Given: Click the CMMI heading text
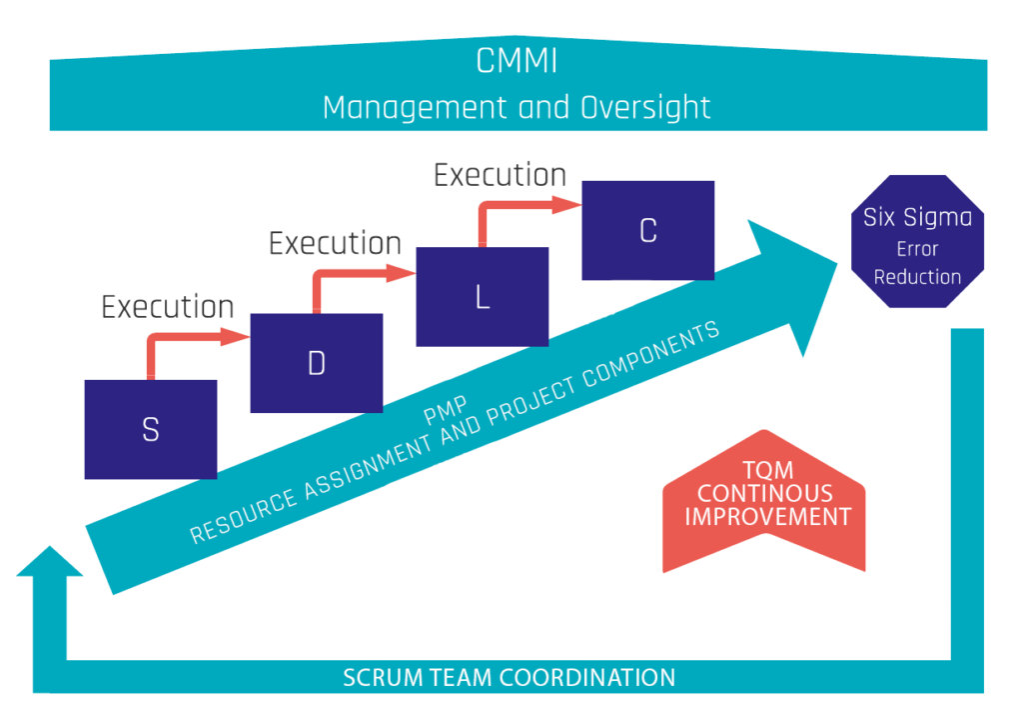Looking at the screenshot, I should (516, 62).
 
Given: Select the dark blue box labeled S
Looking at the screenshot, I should (151, 429).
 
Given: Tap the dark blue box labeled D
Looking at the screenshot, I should (317, 363).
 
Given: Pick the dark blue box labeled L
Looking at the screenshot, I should (483, 297).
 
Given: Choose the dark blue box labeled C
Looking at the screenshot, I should (648, 230).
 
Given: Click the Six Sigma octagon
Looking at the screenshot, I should (916, 246).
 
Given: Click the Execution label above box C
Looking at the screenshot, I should (500, 176).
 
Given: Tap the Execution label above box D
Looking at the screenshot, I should (168, 306).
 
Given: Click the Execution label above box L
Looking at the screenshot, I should (335, 243).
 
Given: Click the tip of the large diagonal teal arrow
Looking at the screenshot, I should (834, 260).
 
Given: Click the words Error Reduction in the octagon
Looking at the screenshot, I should (917, 263).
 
